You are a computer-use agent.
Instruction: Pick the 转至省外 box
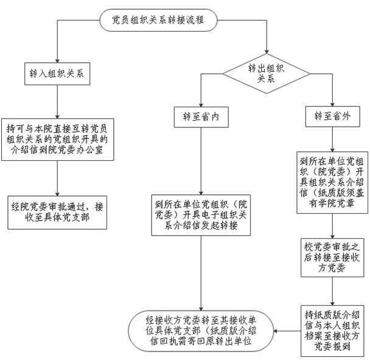pos(332,116)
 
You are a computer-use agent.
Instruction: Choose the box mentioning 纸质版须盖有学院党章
pos(332,183)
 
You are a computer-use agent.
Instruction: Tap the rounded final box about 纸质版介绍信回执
pos(200,333)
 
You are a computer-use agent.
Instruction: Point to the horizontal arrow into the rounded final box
pos(286,333)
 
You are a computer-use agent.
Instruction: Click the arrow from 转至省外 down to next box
pos(332,139)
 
